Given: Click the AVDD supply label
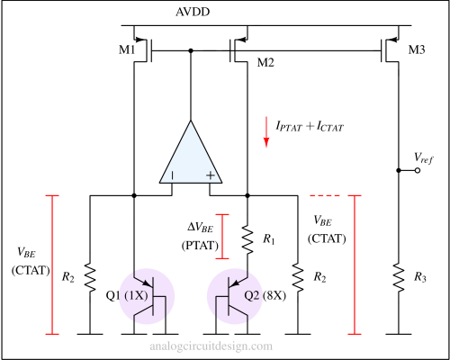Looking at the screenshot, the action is [193, 12].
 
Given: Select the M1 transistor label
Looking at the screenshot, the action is [127, 49].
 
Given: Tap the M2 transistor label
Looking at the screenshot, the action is [265, 63].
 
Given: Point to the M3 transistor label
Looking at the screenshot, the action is [417, 49].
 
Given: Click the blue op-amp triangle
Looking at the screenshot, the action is [191, 159].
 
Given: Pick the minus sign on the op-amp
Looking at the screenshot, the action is [172, 175].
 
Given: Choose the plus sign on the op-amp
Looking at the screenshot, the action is [211, 175].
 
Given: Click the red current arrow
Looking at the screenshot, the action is [266, 132].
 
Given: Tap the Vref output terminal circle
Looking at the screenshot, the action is [418, 170].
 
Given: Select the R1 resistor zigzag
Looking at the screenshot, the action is [247, 239].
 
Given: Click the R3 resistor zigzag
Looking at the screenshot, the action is [399, 277].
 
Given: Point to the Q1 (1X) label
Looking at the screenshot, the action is [127, 296].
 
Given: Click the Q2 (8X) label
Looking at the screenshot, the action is [265, 296].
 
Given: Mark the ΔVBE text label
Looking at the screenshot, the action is [201, 227].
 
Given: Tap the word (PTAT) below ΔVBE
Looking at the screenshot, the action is [200, 246].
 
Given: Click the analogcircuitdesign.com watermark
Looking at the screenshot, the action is [211, 346].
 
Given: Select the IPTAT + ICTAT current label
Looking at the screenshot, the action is [310, 126].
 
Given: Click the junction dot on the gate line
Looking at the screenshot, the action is [191, 50].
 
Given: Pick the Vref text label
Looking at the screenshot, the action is [424, 158].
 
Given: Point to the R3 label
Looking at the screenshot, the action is [420, 277].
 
